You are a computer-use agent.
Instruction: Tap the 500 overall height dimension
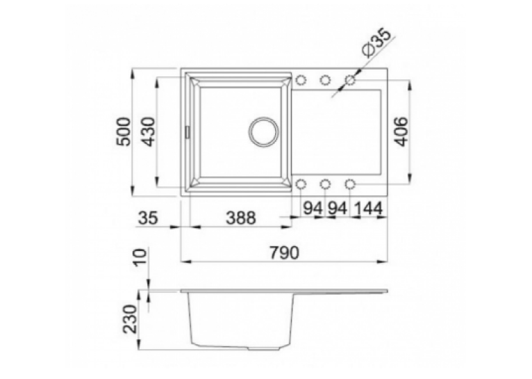pyautogui.click(x=123, y=131)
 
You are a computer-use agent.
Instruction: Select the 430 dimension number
pyautogui.click(x=148, y=131)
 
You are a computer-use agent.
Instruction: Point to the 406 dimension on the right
pyautogui.click(x=401, y=131)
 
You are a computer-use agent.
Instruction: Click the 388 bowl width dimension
pyautogui.click(x=240, y=218)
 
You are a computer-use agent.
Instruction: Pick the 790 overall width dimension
pyautogui.click(x=284, y=252)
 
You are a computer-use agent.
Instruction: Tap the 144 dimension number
pyautogui.click(x=368, y=208)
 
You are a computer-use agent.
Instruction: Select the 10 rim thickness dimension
pyautogui.click(x=140, y=258)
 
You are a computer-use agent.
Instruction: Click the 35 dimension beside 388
pyautogui.click(x=149, y=218)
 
